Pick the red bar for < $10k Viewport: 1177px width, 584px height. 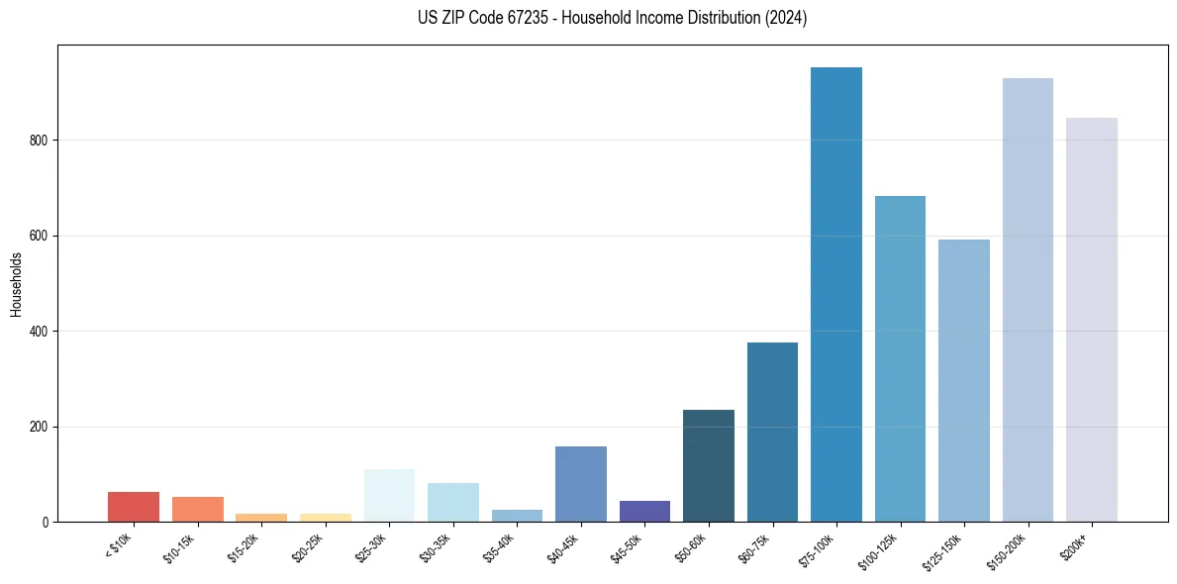click(x=134, y=507)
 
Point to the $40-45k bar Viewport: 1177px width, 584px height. click(x=581, y=484)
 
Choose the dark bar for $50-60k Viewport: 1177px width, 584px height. click(x=709, y=465)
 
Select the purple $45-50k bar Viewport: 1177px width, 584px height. click(x=644, y=511)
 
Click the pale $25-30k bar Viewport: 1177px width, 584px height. click(x=389, y=495)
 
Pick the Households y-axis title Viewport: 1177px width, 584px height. click(x=16, y=284)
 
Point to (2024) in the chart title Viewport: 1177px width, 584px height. click(x=786, y=18)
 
